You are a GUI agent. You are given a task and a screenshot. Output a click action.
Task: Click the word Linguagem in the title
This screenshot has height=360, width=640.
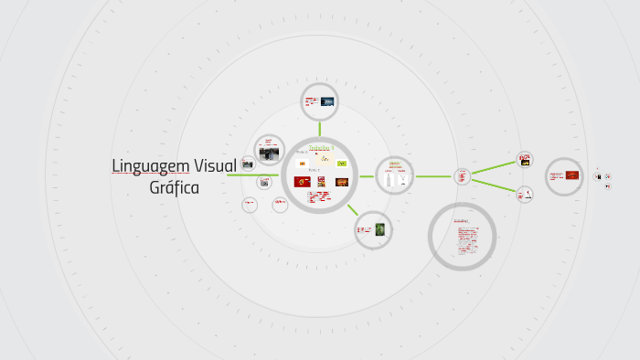point(151,166)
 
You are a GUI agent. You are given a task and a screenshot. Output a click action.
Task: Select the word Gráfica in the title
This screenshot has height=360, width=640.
point(174,188)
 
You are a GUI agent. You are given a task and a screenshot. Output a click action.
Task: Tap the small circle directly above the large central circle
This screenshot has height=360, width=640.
point(320,101)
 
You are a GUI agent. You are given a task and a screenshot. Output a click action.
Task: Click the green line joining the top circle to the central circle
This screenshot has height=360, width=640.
point(320,128)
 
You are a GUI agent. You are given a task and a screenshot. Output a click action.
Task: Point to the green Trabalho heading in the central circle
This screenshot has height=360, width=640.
point(321,147)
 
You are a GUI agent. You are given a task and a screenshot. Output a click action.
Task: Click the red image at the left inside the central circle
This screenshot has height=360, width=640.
point(303,182)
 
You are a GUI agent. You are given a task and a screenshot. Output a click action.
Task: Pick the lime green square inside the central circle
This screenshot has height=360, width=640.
point(342,164)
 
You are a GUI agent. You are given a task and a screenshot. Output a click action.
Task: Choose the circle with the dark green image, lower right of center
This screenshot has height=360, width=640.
point(373,229)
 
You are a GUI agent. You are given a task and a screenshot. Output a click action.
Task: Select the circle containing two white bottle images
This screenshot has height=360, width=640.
point(395,175)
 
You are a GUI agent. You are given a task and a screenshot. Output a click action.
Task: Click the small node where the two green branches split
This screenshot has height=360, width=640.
point(462,175)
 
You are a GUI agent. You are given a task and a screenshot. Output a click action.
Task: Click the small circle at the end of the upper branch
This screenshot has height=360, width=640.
point(525,160)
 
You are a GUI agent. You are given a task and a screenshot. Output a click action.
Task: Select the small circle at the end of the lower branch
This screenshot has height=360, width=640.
point(525,194)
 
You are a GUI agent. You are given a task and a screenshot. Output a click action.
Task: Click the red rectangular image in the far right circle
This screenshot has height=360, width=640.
point(571,175)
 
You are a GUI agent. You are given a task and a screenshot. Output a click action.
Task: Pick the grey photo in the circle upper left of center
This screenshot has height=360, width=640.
point(269,154)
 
